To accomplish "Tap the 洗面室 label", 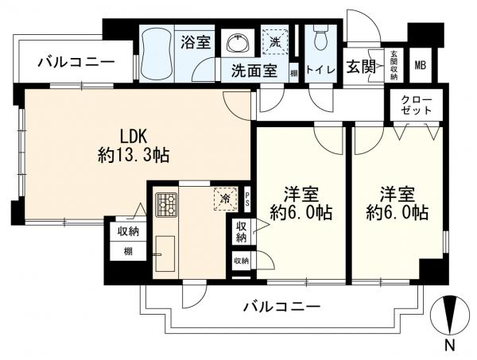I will pyautogui.click(x=254, y=70).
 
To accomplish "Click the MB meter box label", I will pyautogui.click(x=420, y=66).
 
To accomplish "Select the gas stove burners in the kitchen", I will pyautogui.click(x=168, y=207).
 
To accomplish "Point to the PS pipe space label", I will pyautogui.click(x=247, y=199).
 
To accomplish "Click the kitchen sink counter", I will pyautogui.click(x=166, y=254).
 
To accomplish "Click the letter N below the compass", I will pyautogui.click(x=449, y=346).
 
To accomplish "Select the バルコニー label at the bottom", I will pyautogui.click(x=281, y=305).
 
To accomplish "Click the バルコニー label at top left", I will pyautogui.click(x=76, y=61).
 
